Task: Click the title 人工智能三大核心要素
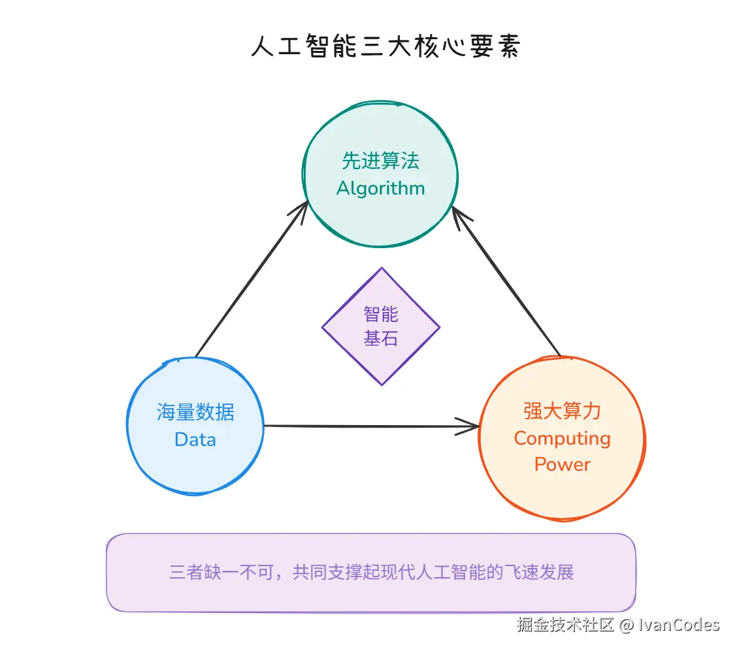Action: pos(385,48)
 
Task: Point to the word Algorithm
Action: pos(381,189)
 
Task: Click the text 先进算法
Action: pos(381,161)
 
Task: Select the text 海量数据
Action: pos(195,412)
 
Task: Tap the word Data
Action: pos(195,439)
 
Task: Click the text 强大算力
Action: pos(562,411)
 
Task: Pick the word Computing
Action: pos(562,438)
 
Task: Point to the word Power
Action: pos(562,464)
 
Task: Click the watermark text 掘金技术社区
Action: pos(566,625)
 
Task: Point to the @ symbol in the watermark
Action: pos(626,625)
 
